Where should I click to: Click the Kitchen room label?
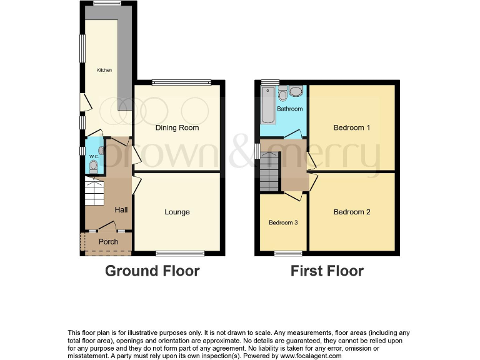(104, 70)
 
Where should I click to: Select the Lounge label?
(177, 212)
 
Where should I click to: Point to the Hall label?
(121, 210)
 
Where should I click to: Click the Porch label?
(109, 242)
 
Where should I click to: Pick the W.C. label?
(94, 156)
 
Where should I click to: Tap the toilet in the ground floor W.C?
(94, 166)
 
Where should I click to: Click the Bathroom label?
(290, 109)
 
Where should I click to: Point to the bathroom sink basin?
(295, 92)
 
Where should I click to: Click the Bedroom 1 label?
(352, 128)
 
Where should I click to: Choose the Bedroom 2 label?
(352, 212)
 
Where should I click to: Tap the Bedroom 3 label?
(284, 222)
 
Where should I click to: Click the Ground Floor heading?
(152, 271)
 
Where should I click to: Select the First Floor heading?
(327, 271)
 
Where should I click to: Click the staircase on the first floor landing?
(270, 172)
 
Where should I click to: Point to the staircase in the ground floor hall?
(96, 192)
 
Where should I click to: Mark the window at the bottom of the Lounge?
(180, 253)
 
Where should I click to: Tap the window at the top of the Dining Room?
(181, 82)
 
